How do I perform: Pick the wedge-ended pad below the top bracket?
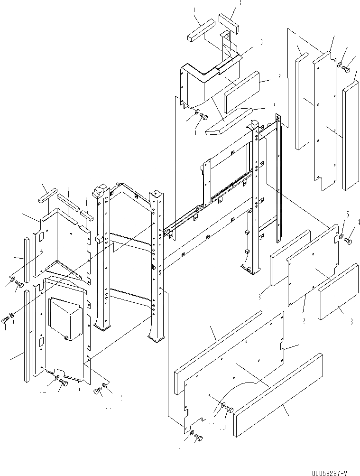228,121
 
